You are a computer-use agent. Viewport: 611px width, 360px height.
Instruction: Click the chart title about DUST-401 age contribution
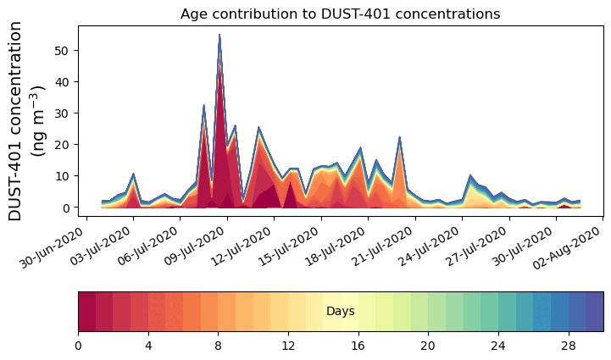tap(340, 14)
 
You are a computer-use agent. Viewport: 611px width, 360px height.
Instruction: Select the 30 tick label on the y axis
tap(64, 113)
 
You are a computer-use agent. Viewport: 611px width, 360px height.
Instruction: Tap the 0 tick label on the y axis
tap(67, 208)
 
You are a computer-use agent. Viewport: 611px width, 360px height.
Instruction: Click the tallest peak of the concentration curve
tap(219, 36)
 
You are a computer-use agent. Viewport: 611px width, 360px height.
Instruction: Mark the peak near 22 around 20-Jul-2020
tap(399, 138)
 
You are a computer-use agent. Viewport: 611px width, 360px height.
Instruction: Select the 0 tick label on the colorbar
tap(78, 346)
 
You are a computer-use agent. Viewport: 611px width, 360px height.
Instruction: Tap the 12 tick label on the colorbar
tap(288, 346)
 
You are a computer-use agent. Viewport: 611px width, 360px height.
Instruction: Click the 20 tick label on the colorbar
tap(428, 346)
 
